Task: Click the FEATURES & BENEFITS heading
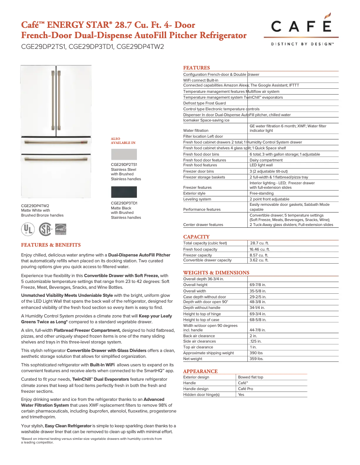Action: tap(51, 245)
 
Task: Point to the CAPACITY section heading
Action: tap(196, 237)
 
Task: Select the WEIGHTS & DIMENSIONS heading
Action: tap(216, 273)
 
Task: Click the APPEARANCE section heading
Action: tap(200, 371)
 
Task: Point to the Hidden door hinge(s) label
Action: tap(202, 395)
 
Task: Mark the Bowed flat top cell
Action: tap(250, 377)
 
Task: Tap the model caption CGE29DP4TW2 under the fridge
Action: tap(35, 205)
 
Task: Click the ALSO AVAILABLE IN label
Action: tap(123, 140)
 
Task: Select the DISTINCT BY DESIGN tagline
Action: tap(302, 44)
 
